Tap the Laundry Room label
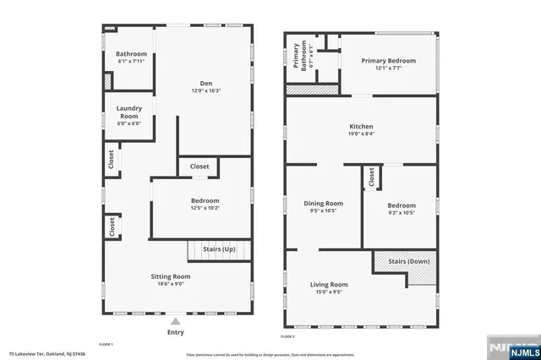tap(129, 112)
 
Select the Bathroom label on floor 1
tap(131, 54)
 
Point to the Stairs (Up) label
tap(219, 250)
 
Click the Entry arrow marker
tap(175, 322)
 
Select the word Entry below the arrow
tap(175, 332)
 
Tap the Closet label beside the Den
tap(199, 166)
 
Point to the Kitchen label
tap(361, 127)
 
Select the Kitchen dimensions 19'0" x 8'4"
tap(361, 134)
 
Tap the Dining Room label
tap(323, 203)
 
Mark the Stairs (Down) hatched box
tap(405, 262)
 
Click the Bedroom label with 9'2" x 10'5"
tap(402, 205)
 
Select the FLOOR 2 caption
tap(287, 336)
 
